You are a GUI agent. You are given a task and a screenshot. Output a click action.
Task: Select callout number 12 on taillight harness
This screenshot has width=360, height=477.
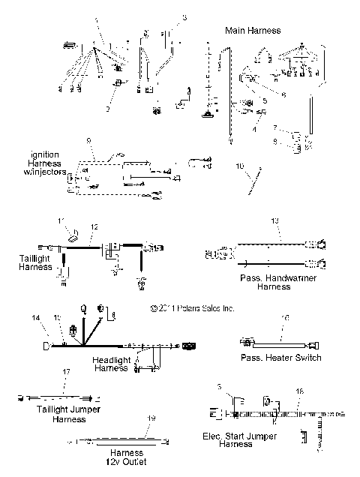point(94,227)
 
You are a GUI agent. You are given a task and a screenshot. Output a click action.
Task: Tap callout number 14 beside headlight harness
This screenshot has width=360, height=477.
point(35,319)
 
